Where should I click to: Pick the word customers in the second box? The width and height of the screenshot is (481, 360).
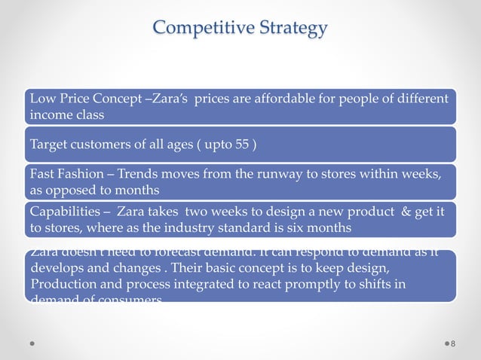tap(101, 145)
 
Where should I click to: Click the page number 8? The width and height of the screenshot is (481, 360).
tap(452, 344)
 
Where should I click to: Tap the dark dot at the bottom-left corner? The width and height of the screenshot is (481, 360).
tap(33, 344)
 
